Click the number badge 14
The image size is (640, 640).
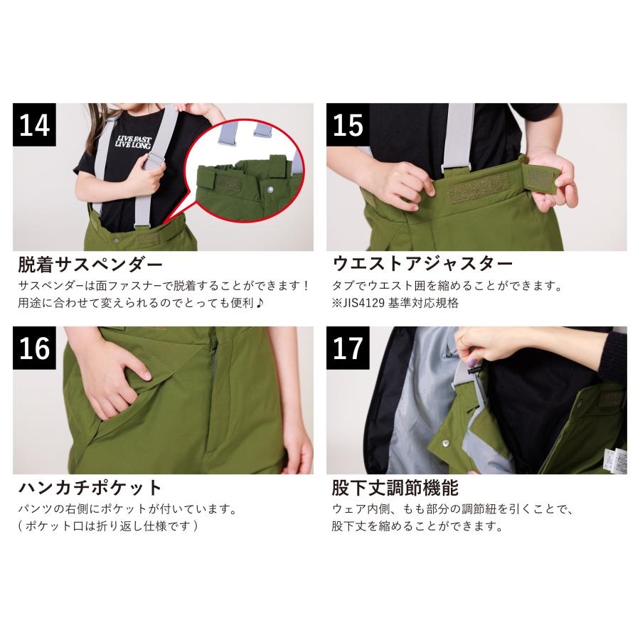coord(35,125)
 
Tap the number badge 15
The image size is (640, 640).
coord(348,125)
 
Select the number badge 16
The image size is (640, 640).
coord(35,348)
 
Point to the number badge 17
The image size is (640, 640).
coord(348,348)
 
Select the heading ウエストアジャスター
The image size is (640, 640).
coord(422,265)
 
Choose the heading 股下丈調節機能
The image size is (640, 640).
coord(395,489)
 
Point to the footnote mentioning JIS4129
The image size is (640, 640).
coord(395,303)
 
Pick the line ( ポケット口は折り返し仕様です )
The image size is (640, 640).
coord(107,527)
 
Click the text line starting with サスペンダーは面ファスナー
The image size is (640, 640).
coord(164,287)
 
